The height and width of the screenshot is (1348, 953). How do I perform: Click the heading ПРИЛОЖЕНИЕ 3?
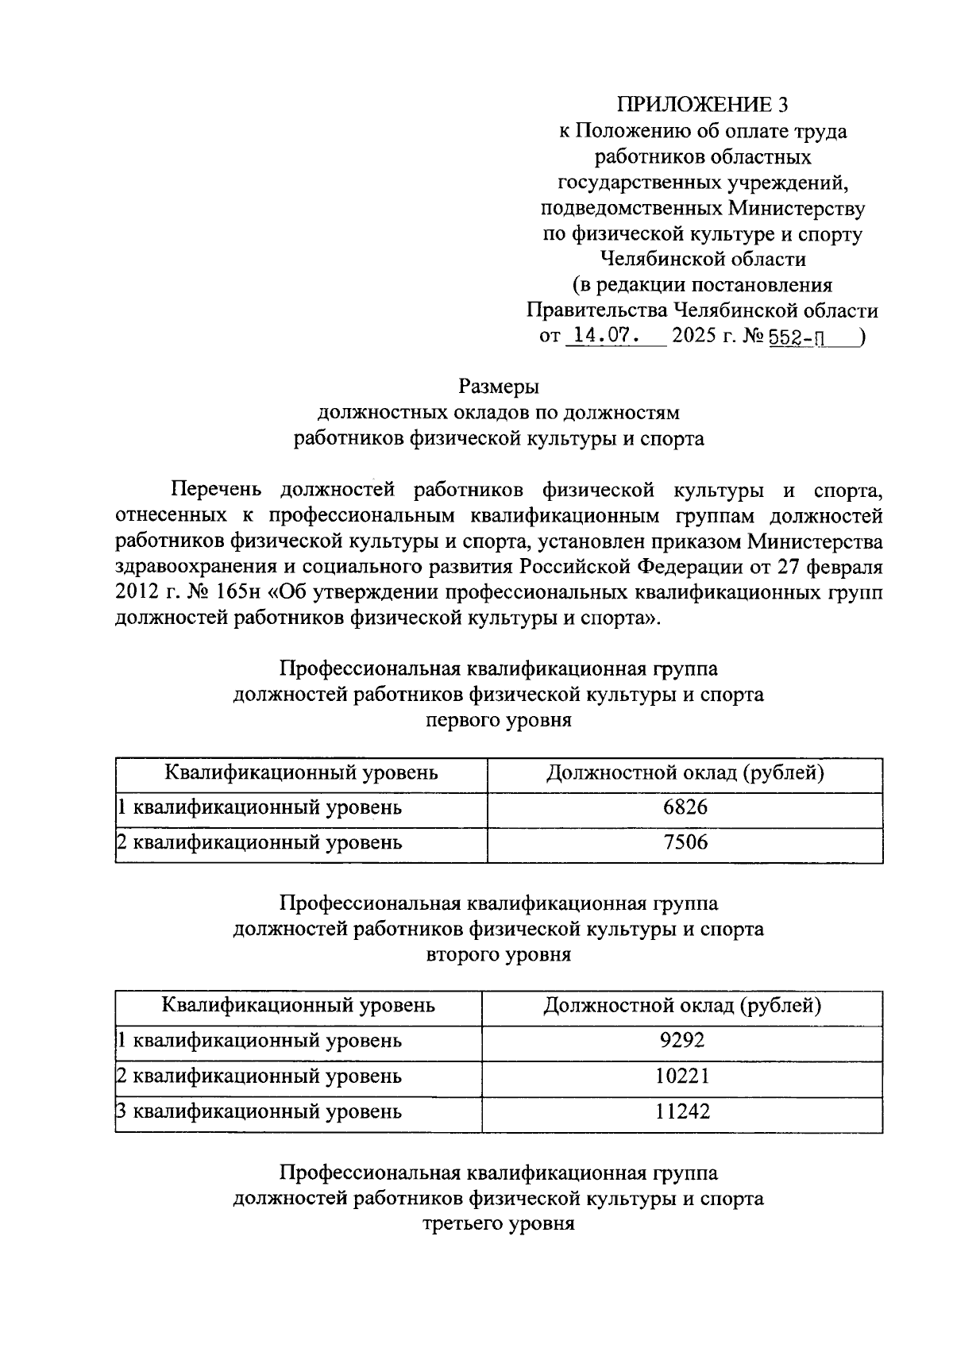click(x=704, y=105)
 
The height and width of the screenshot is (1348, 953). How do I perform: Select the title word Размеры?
click(x=499, y=387)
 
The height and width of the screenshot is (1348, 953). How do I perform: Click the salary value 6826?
click(x=685, y=808)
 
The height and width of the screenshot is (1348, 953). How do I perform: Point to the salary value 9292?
click(x=682, y=1040)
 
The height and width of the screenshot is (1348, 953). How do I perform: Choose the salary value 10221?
click(x=682, y=1076)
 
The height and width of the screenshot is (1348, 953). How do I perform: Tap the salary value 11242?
click(x=682, y=1111)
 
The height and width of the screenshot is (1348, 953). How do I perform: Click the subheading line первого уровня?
click(x=499, y=720)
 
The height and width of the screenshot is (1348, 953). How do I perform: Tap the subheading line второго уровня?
click(x=499, y=954)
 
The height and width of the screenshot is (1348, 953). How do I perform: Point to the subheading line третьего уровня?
click(x=499, y=1223)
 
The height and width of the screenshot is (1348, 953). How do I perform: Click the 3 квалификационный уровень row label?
click(x=259, y=1111)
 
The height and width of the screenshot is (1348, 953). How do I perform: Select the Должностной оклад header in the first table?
click(x=685, y=772)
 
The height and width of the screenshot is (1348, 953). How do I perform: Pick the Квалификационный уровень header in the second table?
click(x=299, y=1006)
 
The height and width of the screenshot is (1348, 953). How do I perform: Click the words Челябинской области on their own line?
click(x=703, y=259)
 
